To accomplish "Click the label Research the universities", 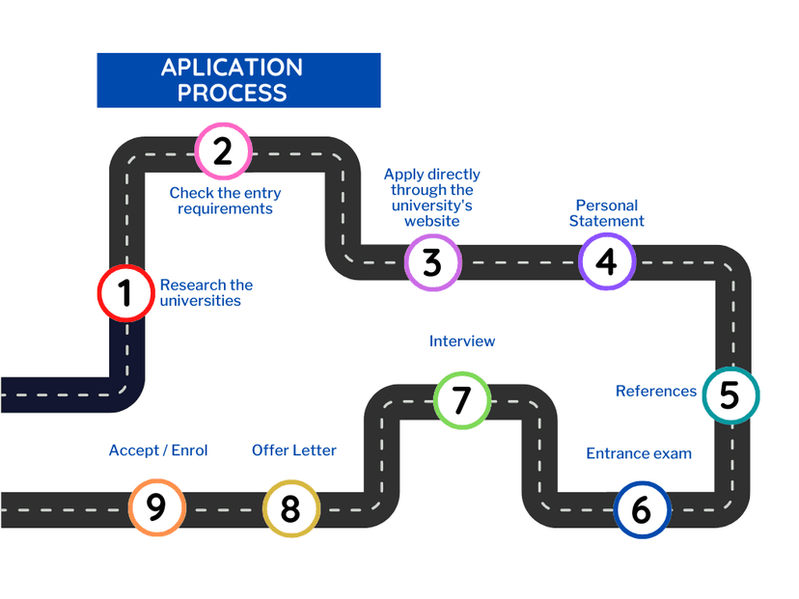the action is [207, 292].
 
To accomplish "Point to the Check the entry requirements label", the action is [225, 201].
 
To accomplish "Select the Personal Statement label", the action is [607, 213].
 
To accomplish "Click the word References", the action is [656, 391].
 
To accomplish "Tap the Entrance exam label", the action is [639, 453].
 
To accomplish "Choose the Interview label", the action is [462, 340].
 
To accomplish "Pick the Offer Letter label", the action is [294, 450].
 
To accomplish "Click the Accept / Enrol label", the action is [158, 450].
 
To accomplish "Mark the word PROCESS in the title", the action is [232, 94].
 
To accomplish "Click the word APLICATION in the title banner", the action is [232, 68].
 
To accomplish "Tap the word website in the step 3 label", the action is [432, 221].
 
